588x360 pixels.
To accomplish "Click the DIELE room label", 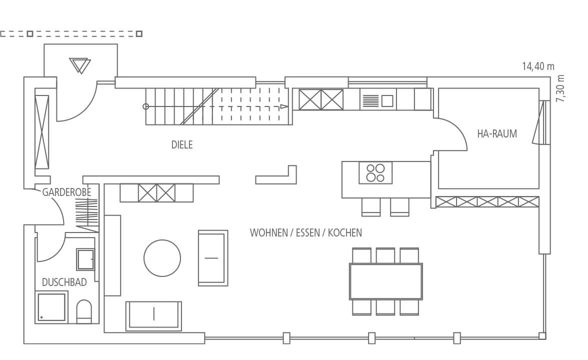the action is [x=182, y=145].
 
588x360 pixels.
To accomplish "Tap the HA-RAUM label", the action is [x=497, y=134].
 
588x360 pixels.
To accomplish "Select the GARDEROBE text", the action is [x=67, y=192].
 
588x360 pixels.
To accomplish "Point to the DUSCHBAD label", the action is [x=64, y=282].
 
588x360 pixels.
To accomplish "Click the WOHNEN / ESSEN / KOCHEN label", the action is [x=306, y=233].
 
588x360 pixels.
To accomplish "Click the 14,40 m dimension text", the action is [x=538, y=66].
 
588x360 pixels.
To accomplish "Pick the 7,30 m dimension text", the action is [x=560, y=88].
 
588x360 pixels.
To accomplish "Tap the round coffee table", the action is [x=162, y=258].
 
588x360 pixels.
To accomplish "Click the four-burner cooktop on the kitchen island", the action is [x=375, y=173].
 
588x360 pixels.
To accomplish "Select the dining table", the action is [x=386, y=281].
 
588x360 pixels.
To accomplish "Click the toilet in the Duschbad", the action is [x=84, y=311].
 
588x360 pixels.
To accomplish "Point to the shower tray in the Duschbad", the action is [x=52, y=307].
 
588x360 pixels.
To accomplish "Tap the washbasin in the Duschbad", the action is [x=85, y=259].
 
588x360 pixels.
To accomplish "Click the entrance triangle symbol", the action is [x=80, y=65].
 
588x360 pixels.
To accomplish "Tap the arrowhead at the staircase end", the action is [x=284, y=106].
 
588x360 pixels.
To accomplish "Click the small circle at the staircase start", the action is [x=146, y=106].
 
